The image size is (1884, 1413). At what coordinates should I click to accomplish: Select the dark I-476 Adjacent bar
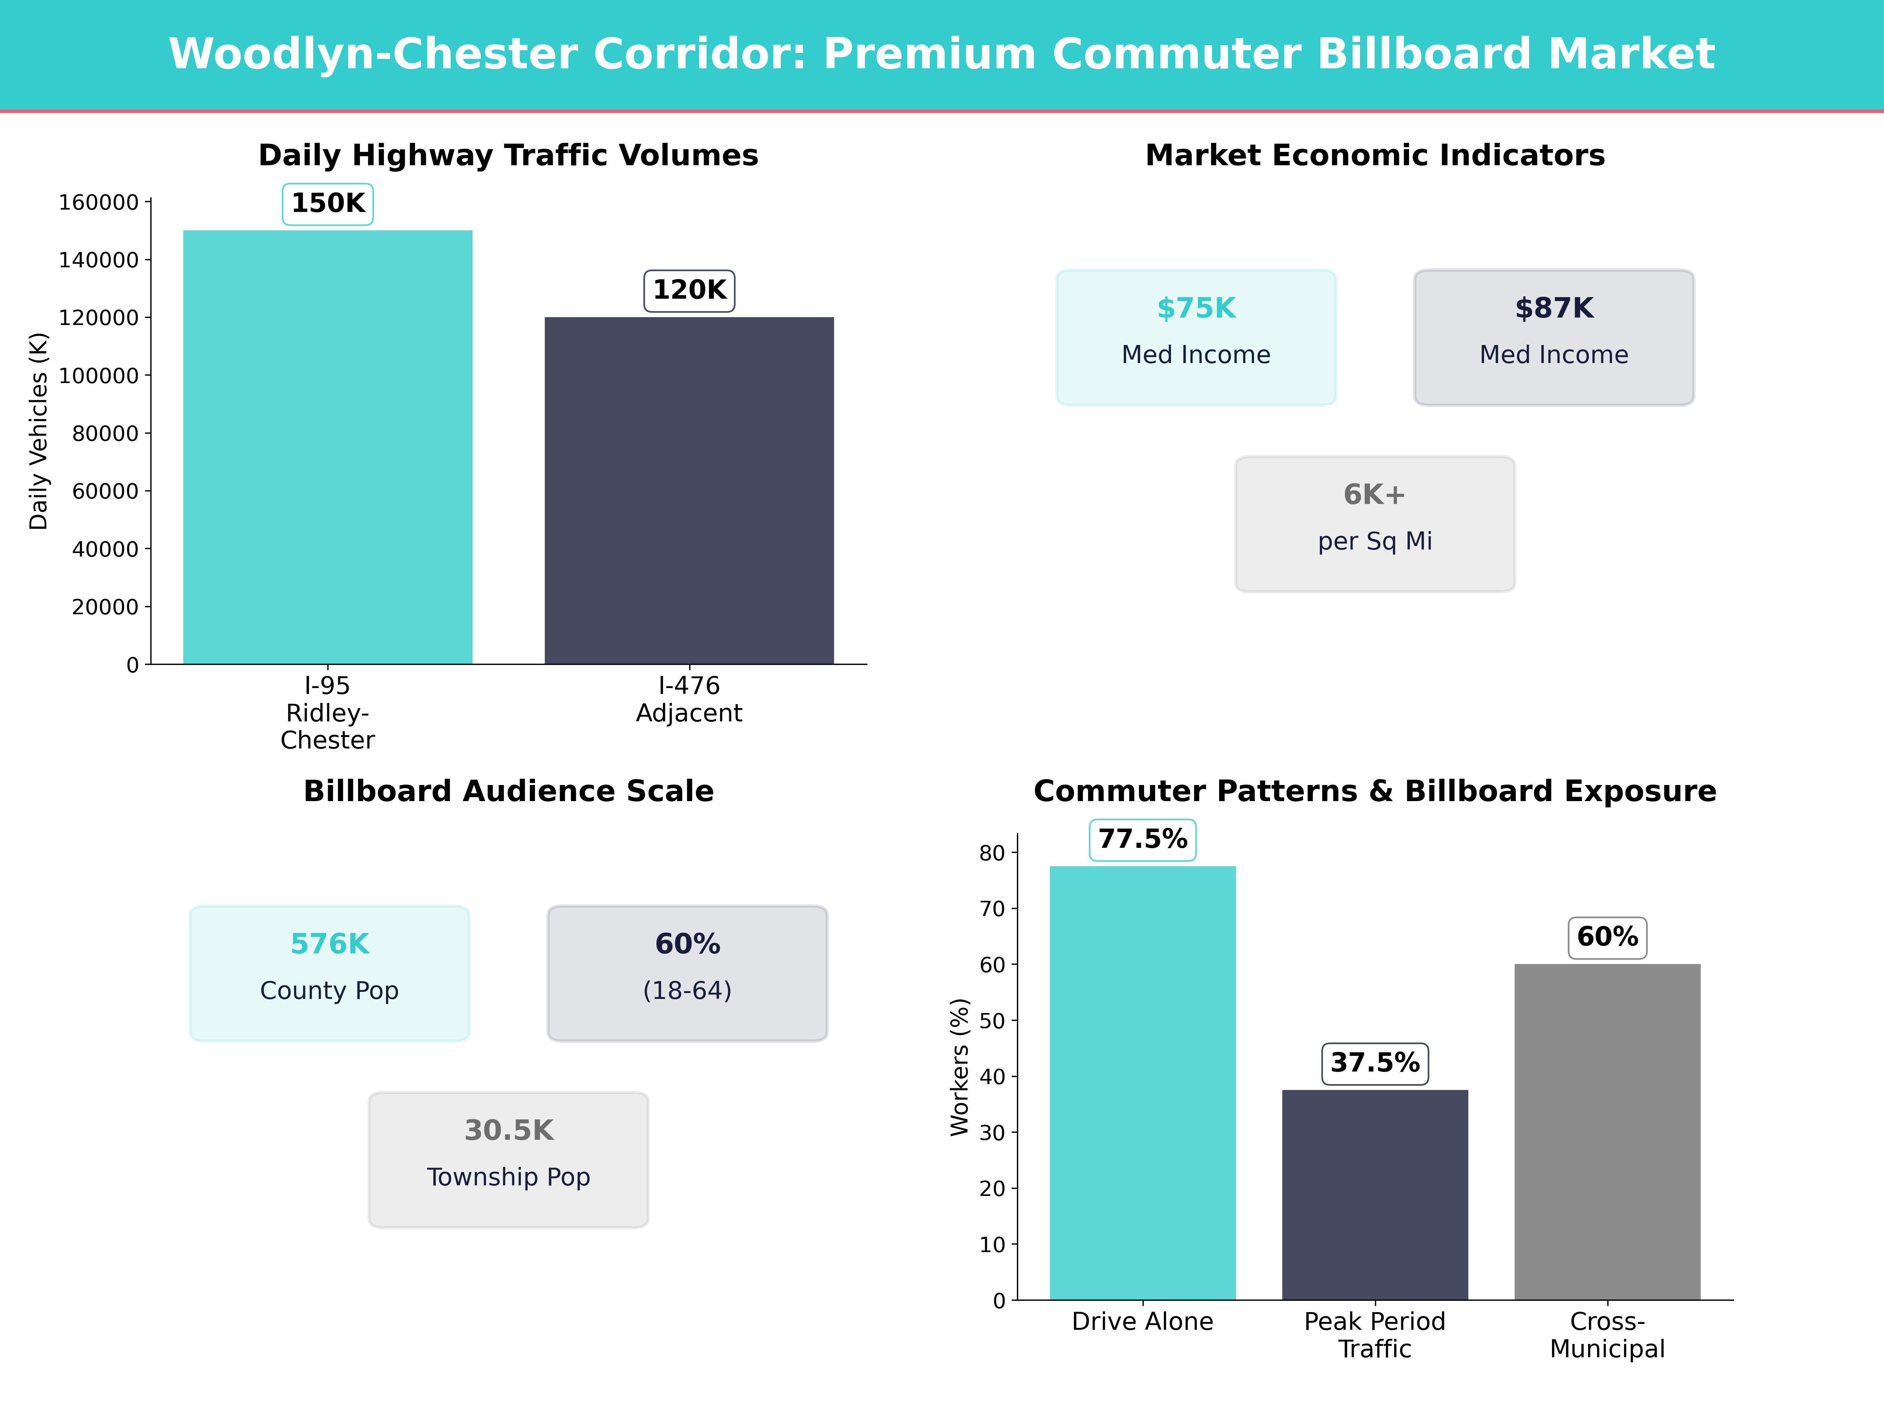tap(689, 491)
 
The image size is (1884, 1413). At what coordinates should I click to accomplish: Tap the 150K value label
tap(328, 204)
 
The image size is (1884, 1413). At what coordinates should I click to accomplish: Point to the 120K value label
tap(689, 290)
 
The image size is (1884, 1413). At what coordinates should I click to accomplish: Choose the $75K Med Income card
tap(1196, 337)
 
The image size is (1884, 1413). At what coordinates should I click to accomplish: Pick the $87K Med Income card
tap(1554, 337)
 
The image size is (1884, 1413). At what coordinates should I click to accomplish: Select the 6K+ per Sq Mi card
tap(1375, 524)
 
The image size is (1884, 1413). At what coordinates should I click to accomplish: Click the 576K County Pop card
tap(330, 973)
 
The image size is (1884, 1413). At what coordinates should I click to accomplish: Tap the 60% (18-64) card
tap(687, 973)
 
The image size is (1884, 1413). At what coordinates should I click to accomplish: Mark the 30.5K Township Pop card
tap(508, 1159)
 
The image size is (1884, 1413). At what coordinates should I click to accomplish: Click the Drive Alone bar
tap(1142, 1083)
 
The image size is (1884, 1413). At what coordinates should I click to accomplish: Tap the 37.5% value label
tap(1375, 1063)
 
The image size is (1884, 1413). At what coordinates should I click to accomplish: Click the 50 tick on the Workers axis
tap(992, 1020)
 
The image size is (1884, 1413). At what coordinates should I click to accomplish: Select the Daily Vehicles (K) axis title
tap(38, 431)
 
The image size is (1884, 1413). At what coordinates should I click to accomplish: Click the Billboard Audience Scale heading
tap(508, 791)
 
